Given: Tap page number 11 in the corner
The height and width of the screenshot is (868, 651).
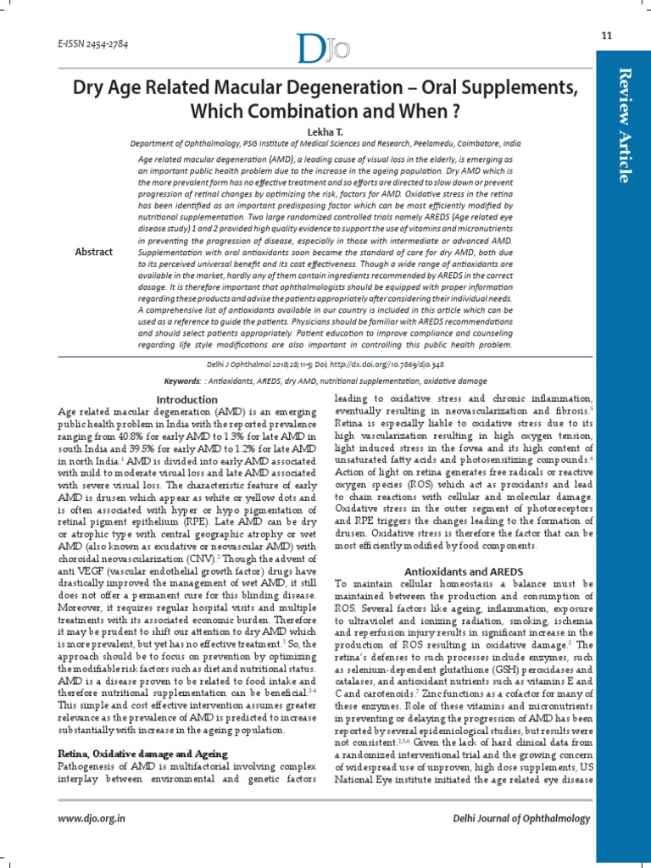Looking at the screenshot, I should (x=606, y=35).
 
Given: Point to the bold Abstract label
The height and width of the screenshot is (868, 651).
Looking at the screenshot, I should (x=95, y=252).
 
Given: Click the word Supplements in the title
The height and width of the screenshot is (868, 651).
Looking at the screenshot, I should (x=495, y=87).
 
